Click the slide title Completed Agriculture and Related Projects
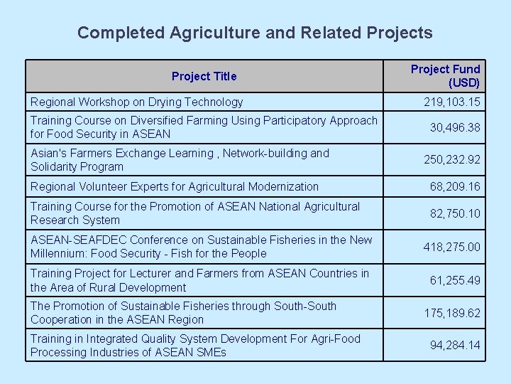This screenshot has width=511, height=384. [x=255, y=33]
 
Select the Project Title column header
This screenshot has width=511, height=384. [x=204, y=76]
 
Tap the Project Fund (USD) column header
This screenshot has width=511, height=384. [x=445, y=76]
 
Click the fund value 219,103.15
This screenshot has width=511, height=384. [x=452, y=102]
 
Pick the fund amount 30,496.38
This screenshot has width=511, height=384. [x=455, y=127]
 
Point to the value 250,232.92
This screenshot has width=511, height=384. [x=452, y=160]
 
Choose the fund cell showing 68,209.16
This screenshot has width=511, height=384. [x=455, y=186]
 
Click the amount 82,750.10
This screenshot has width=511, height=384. [x=455, y=213]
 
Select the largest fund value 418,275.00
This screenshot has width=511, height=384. [x=452, y=247]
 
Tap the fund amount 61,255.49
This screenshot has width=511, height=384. [x=455, y=280]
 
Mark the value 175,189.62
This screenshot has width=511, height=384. [x=452, y=313]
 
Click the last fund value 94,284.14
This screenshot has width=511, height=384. [x=455, y=346]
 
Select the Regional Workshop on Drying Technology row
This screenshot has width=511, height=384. [x=136, y=102]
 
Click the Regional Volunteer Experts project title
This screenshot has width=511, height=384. [x=175, y=186]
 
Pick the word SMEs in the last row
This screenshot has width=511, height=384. [x=211, y=353]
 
